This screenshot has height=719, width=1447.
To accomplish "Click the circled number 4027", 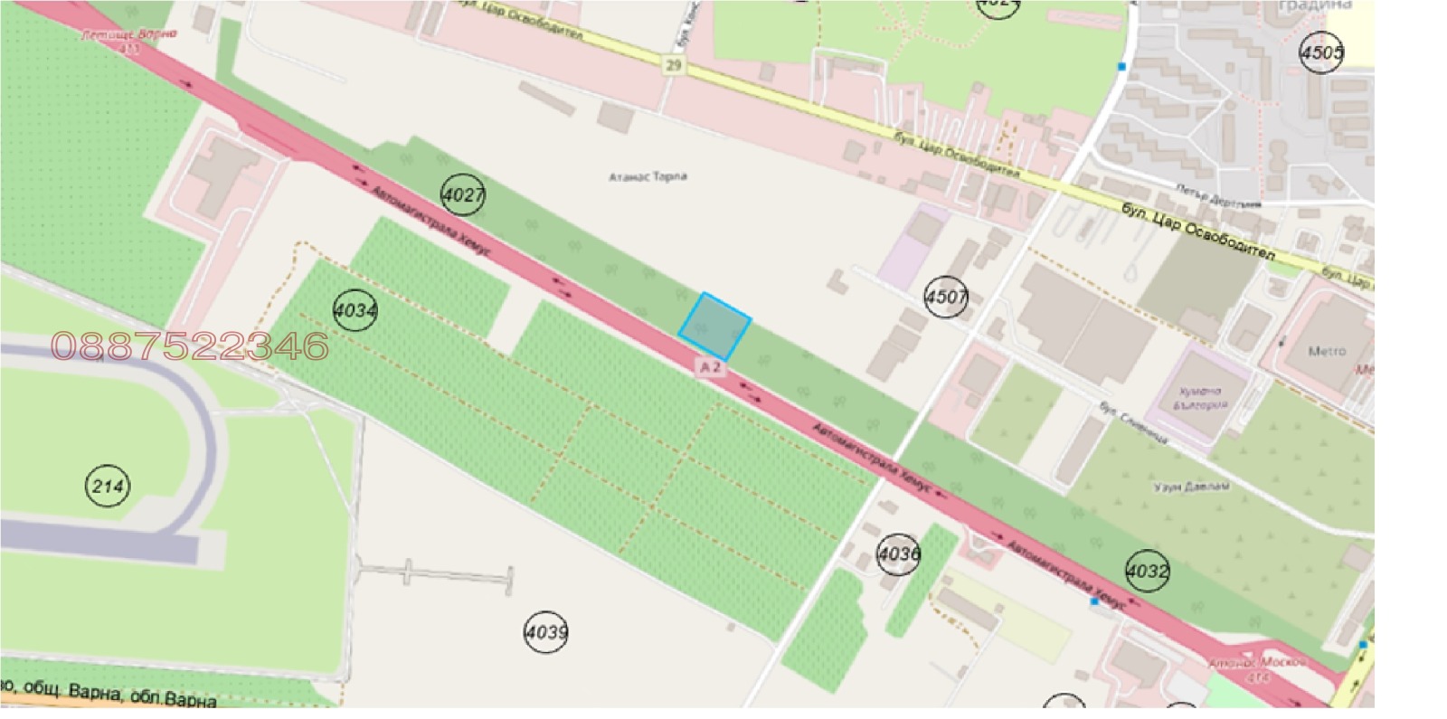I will click(x=462, y=194).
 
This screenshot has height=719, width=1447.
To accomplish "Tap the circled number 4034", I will click(x=355, y=311).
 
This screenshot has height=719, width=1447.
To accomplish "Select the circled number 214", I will click(x=108, y=487).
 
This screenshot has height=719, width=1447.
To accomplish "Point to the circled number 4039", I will click(x=545, y=631).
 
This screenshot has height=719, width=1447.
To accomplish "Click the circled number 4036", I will click(x=898, y=553).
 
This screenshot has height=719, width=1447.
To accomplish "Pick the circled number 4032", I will click(x=1147, y=571).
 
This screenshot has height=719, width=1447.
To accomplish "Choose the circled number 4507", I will click(x=946, y=297).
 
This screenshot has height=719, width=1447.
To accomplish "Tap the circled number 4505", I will click(x=1321, y=52).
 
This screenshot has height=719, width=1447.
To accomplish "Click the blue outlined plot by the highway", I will click(x=714, y=327).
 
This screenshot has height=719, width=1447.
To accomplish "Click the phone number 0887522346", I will click(x=190, y=345).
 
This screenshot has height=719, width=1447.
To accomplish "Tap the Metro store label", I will click(x=1327, y=351).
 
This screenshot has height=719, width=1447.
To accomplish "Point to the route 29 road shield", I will click(x=672, y=65).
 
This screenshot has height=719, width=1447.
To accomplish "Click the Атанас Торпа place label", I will click(x=648, y=176).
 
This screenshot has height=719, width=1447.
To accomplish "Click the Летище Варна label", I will click(x=128, y=35).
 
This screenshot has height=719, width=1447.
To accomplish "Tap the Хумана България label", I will click(x=1200, y=398).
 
